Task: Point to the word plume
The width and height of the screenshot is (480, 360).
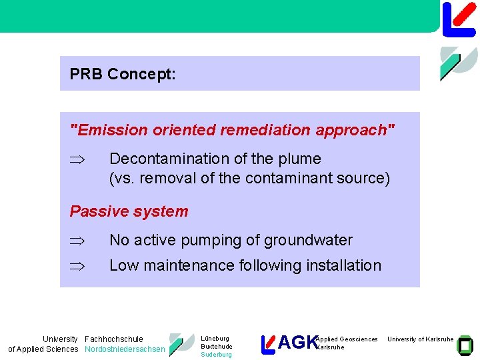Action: (299, 159)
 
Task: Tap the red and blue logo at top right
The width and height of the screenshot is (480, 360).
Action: (459, 18)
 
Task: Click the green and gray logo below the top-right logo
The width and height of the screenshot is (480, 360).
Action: (459, 63)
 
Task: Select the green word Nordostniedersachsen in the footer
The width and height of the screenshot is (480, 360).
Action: (125, 349)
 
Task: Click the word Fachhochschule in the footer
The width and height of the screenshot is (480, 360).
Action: (113, 339)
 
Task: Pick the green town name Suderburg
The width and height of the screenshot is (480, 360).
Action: (216, 355)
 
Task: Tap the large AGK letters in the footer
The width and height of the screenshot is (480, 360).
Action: (297, 343)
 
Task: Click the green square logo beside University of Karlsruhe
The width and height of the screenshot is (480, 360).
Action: (465, 344)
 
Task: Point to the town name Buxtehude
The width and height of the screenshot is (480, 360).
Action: (216, 347)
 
